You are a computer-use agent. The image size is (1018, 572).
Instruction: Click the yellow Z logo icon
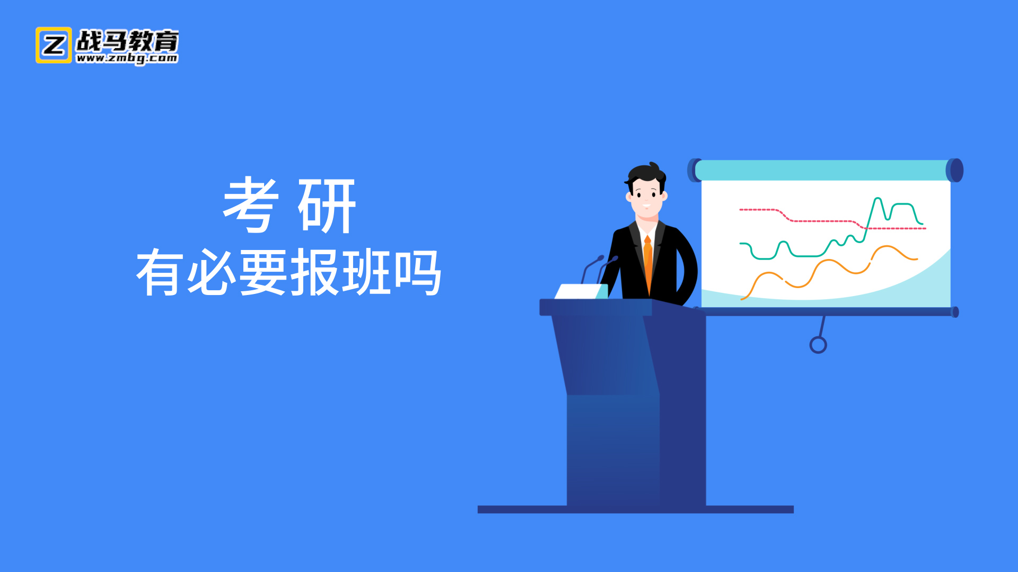click(x=54, y=45)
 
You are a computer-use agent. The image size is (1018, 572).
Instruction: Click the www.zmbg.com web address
click(x=127, y=58)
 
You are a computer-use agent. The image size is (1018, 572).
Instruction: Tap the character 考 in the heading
click(x=251, y=205)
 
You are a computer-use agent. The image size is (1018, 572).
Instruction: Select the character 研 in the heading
click(x=327, y=205)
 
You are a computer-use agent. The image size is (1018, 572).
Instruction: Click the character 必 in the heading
click(x=212, y=272)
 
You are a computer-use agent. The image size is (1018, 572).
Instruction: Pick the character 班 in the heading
click(x=366, y=272)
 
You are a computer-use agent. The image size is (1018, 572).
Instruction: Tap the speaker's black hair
click(x=645, y=174)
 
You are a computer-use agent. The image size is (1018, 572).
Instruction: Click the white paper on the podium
click(x=581, y=291)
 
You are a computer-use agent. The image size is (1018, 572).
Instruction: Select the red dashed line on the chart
click(x=832, y=219)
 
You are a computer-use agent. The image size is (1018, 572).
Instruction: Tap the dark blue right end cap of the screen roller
click(x=955, y=171)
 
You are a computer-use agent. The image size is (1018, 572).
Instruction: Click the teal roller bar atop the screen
click(x=821, y=171)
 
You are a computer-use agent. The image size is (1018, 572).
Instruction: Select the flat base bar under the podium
click(x=636, y=510)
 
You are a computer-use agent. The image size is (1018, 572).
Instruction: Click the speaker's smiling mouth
click(x=646, y=205)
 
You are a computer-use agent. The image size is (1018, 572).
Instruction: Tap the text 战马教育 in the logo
click(x=127, y=40)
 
